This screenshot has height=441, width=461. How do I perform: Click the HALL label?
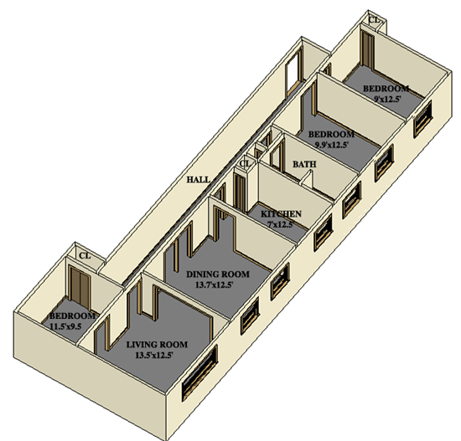199,179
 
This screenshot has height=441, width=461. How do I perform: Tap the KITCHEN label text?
281,213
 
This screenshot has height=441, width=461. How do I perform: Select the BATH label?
304,164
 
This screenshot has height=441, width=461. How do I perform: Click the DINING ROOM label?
218,274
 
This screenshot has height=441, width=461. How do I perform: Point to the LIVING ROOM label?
157,345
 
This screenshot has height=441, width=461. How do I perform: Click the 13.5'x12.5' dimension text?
153,356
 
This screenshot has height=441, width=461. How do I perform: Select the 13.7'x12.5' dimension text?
214,285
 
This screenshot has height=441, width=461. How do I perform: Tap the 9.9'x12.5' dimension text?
332,145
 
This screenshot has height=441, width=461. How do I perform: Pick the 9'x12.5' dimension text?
387,99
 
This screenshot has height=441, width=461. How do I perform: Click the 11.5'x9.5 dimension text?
66,326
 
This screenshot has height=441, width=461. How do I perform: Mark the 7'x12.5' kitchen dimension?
281,224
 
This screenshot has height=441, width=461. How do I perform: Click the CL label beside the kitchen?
246,163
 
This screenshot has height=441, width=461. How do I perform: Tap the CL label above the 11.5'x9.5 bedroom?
85,256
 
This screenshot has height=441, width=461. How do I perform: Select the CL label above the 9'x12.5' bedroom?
375,20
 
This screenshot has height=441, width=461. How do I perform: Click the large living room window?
199,372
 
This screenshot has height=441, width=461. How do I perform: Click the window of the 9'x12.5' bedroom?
423,118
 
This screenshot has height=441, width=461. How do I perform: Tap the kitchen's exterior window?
323,233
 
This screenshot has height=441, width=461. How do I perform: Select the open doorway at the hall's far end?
293,74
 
